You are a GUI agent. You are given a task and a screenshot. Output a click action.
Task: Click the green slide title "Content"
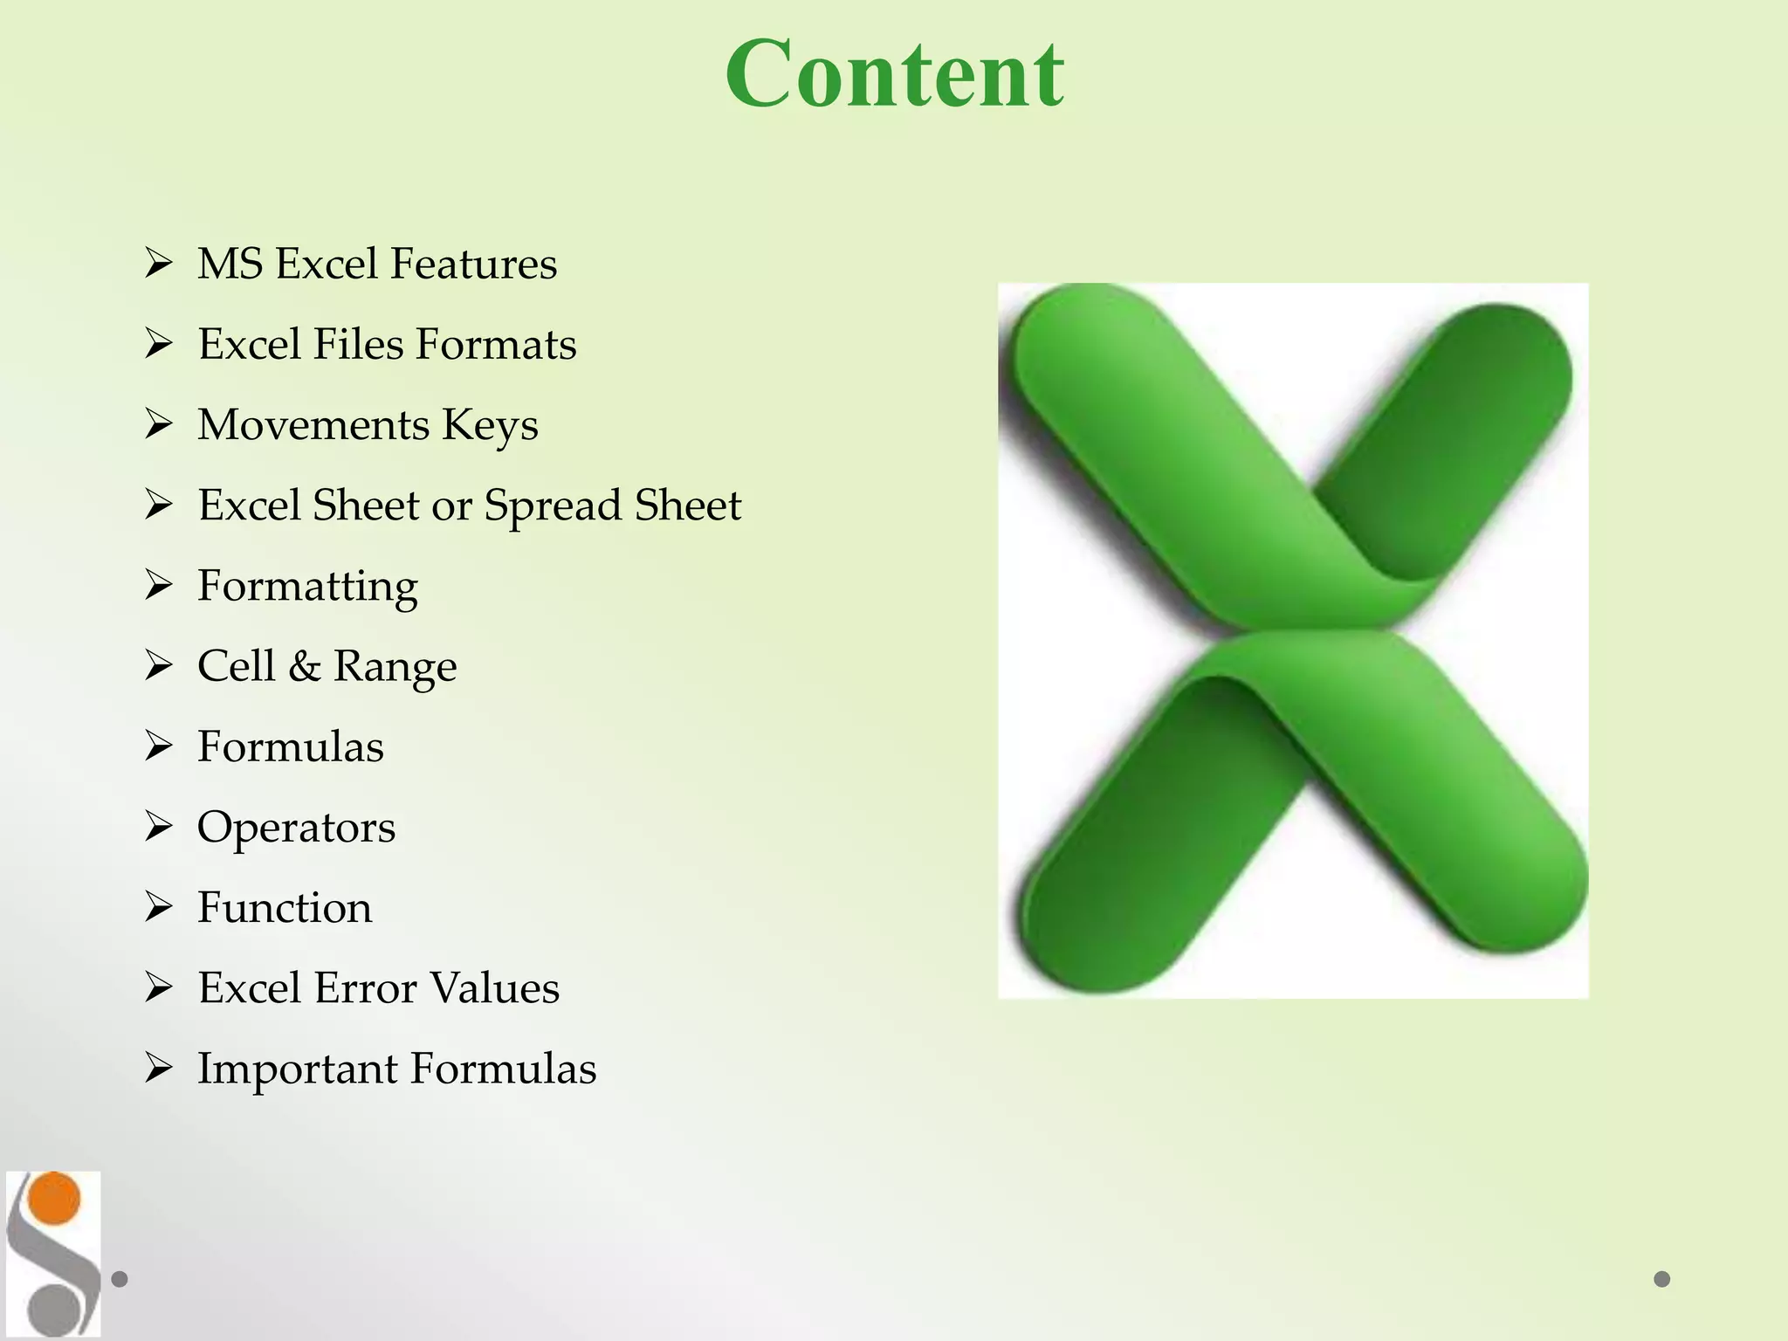[894, 75]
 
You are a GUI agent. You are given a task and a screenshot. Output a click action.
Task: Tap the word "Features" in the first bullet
[473, 264]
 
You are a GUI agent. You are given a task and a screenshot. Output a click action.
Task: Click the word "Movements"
[313, 424]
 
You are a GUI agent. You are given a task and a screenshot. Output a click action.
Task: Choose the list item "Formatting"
[307, 587]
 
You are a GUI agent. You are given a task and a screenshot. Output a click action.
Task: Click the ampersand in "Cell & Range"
[304, 666]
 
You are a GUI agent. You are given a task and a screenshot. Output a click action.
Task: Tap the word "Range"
[395, 667]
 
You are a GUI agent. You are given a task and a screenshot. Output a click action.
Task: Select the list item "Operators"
[296, 828]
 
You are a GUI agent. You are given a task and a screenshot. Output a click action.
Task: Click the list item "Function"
[285, 907]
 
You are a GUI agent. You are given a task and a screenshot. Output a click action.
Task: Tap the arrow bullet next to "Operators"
[159, 826]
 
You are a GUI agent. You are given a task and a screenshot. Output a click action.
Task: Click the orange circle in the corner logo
[54, 1198]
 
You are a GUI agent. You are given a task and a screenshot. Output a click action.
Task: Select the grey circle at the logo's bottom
[52, 1310]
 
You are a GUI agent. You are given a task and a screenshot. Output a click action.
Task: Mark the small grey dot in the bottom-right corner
[1662, 1279]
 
